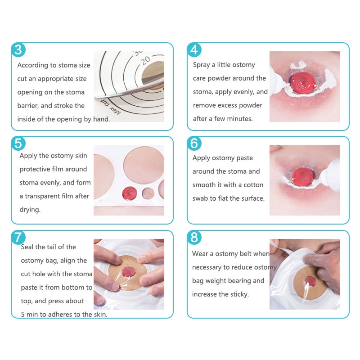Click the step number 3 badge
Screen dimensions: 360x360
click(18, 50)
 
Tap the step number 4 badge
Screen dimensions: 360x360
click(194, 50)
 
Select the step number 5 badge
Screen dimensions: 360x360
click(18, 144)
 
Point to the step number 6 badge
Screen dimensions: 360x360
click(194, 144)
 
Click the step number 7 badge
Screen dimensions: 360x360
click(18, 238)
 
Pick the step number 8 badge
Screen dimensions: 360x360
click(194, 238)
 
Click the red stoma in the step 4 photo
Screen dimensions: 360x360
click(303, 83)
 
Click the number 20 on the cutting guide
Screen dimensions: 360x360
click(145, 61)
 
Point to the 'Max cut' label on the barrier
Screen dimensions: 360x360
click(111, 107)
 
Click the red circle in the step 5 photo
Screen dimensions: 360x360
click(130, 193)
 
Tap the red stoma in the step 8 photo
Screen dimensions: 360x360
click(310, 281)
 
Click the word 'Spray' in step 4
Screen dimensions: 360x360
click(201, 65)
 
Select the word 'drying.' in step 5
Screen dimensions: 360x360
click(30, 210)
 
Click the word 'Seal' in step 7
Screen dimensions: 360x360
click(27, 247)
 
